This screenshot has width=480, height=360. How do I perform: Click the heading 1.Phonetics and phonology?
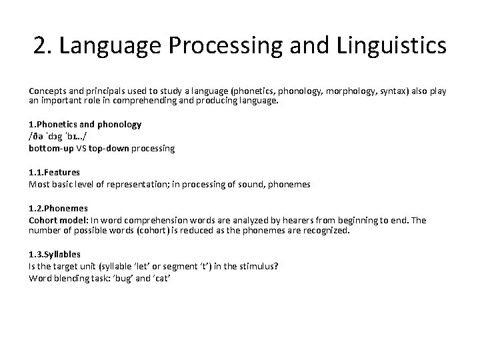pos(85,125)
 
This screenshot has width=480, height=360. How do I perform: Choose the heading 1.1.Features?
pos(54,173)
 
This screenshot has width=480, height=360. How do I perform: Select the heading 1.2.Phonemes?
pos(58,209)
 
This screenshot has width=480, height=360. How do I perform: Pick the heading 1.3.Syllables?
pos(55,255)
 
